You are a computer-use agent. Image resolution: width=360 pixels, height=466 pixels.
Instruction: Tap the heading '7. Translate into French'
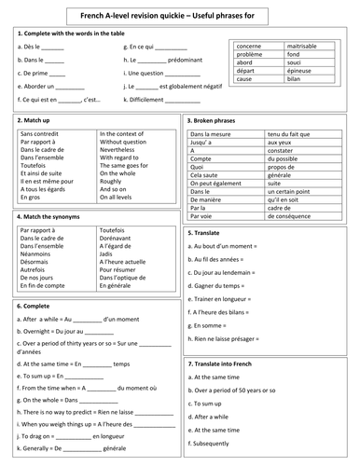[x=228, y=361]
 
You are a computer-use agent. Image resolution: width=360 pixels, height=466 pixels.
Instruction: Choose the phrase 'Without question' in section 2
[x=125, y=141]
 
